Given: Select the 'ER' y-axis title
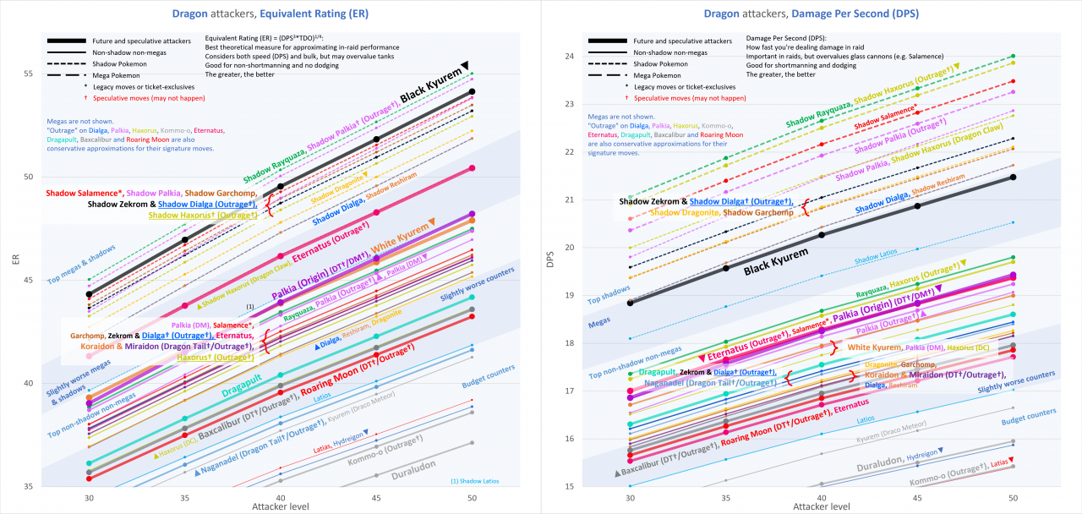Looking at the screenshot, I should point(14,262).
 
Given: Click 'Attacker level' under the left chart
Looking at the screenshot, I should point(280,506).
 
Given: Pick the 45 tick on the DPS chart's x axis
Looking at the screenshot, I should point(918,498).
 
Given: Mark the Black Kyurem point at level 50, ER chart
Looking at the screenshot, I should point(472,91).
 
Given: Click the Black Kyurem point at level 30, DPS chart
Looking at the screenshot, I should point(630,302).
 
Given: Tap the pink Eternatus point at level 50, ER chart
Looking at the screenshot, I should point(472,168).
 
